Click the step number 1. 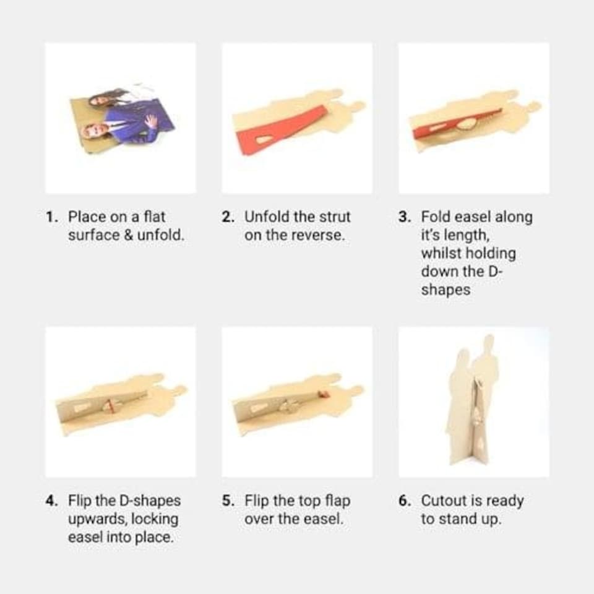click(51, 217)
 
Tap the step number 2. click(228, 217)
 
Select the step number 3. click(405, 217)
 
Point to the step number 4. click(51, 501)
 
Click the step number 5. click(228, 501)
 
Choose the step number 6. click(405, 501)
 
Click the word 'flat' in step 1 click(155, 217)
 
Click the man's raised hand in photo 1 click(152, 121)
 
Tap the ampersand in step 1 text click(129, 236)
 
